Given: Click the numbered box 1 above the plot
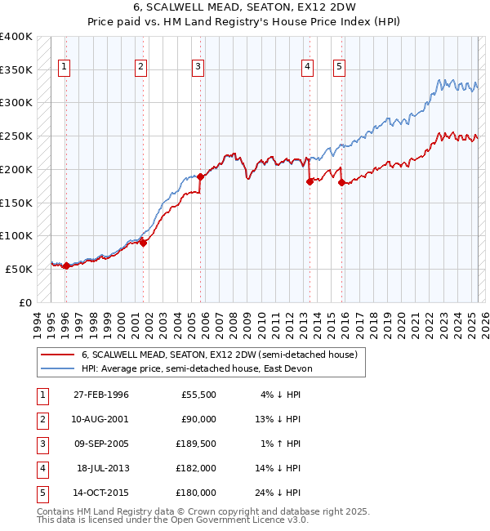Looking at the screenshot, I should (65, 68).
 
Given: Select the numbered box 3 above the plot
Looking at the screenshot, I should (198, 68).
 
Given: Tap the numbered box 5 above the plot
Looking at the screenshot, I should (339, 68).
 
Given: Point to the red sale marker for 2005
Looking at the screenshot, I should (200, 176).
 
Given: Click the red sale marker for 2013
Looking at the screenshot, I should (310, 181).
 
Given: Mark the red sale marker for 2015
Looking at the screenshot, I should (341, 182).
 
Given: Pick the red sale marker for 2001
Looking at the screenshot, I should (143, 242).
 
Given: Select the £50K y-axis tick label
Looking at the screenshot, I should (20, 269).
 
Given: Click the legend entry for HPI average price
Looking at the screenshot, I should (203, 368).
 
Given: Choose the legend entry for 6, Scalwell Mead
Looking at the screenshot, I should (219, 355).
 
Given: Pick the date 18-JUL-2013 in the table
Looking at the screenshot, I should (102, 468).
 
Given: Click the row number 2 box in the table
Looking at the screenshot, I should (41, 419).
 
